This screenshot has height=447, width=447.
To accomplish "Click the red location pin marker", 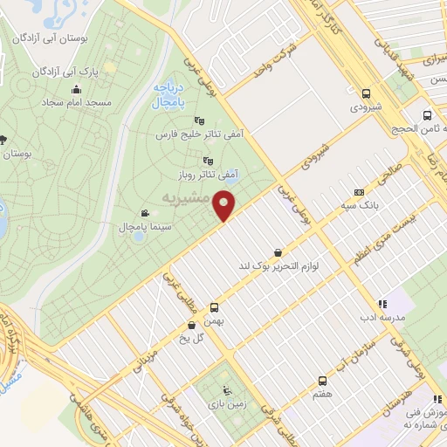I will click(x=225, y=204).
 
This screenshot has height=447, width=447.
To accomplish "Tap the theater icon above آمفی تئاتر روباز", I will click(x=208, y=161).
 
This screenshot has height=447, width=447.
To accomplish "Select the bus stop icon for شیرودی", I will click(x=365, y=93).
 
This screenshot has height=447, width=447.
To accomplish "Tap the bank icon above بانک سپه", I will click(x=359, y=192).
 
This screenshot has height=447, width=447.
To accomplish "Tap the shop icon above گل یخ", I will click(x=191, y=326).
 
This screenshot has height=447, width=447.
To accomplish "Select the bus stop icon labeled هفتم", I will click(x=322, y=381).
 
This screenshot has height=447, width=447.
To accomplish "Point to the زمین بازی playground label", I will click(x=226, y=404).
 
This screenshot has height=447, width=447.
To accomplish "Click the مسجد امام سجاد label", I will click(x=76, y=103).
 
